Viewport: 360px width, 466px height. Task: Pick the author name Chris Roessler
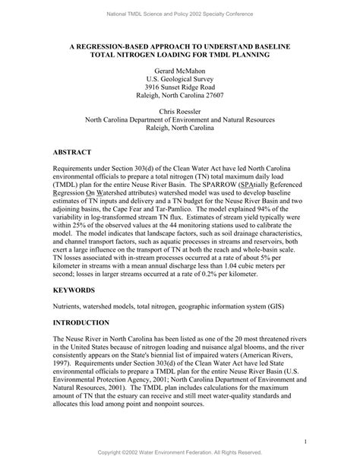coord(180,110)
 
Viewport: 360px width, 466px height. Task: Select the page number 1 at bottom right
coord(304,441)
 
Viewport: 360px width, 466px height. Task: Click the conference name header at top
coord(180,14)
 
